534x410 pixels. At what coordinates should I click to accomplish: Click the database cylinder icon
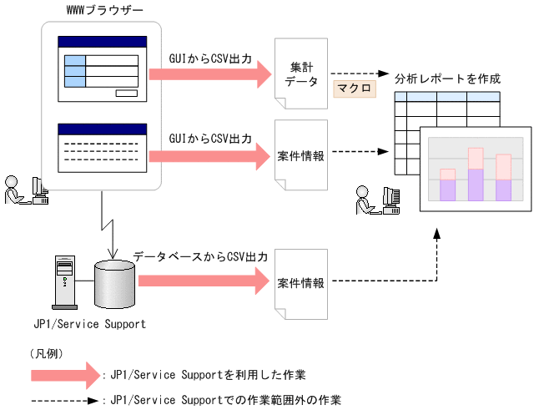tap(114, 284)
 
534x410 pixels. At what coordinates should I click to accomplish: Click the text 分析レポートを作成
tap(447, 78)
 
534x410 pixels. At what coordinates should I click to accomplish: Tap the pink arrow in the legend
tap(64, 374)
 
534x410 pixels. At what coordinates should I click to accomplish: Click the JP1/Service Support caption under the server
tap(89, 323)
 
